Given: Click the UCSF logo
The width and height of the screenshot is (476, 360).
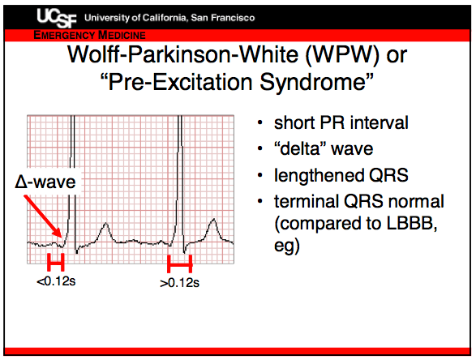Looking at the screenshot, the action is [57, 18].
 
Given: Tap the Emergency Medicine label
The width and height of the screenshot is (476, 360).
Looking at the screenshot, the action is [89, 35].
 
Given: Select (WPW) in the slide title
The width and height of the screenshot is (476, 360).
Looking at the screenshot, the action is [342, 55].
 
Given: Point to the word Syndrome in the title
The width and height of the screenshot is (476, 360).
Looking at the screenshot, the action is [316, 82].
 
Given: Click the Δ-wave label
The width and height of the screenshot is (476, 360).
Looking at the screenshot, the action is [45, 182].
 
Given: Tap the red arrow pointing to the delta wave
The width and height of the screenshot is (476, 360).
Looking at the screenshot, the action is [43, 216].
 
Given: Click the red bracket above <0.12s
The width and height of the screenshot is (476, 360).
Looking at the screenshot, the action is [56, 262].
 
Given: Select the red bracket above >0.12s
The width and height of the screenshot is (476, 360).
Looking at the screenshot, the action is [180, 264].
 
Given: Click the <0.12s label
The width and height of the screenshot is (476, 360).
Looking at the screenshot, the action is [56, 281].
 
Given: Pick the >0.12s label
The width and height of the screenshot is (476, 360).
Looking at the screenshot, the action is [180, 283].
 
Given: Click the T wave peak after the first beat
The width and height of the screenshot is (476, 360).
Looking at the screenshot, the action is [105, 224].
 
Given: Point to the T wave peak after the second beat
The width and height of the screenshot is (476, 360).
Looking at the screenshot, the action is [214, 219].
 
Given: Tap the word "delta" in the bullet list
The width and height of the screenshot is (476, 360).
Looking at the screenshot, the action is [301, 148].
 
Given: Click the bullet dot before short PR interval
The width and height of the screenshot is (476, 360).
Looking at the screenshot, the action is [259, 123].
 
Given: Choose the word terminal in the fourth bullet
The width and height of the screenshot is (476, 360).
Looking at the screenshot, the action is [307, 201].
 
